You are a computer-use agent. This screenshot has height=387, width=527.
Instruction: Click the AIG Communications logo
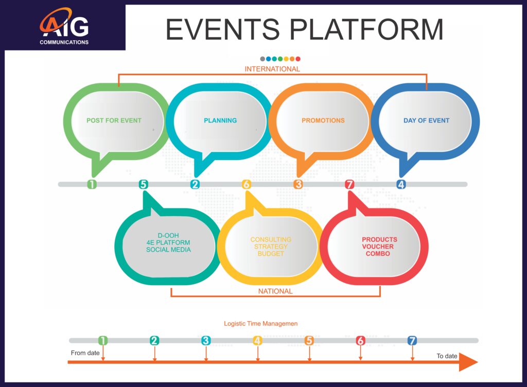click(64, 28)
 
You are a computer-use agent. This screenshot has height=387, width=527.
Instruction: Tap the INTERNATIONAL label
click(272, 69)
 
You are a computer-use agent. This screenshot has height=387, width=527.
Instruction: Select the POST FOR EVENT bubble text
click(114, 120)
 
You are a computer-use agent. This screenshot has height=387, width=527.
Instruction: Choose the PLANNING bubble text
click(220, 120)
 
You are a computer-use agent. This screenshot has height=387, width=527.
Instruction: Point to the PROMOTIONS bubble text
click(323, 120)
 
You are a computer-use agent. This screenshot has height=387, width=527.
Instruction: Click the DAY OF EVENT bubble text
click(426, 120)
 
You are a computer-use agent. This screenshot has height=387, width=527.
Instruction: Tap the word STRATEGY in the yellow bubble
click(271, 247)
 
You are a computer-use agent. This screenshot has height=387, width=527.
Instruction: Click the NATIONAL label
click(275, 291)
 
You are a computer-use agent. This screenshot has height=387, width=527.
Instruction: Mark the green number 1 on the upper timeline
click(92, 184)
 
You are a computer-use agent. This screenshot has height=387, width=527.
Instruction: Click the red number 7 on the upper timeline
click(350, 184)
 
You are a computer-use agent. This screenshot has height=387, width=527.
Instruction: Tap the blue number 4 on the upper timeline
click(401, 184)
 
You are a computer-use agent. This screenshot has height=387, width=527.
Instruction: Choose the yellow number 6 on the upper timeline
click(247, 184)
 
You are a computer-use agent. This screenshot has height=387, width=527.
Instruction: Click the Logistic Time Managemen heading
click(260, 324)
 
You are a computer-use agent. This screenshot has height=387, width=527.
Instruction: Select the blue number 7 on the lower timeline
click(412, 340)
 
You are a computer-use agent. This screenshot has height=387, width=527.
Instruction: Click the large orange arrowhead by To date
click(467, 362)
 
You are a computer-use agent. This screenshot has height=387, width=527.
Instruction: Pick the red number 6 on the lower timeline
click(360, 340)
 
